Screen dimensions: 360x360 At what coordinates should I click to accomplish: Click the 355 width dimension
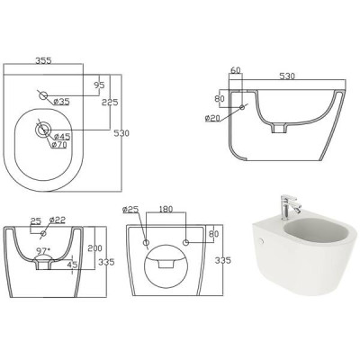(43, 60)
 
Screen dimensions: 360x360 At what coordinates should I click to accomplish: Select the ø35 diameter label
(61, 102)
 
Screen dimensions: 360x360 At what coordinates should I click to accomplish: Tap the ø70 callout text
(59, 145)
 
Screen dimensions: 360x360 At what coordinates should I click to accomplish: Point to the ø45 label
(62, 137)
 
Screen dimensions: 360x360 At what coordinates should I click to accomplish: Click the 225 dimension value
(110, 102)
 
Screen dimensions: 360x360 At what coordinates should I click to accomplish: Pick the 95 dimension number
(99, 85)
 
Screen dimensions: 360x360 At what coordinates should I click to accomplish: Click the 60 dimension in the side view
(236, 70)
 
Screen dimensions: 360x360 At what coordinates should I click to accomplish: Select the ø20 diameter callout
(212, 118)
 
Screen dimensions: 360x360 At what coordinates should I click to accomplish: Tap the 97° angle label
(43, 250)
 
